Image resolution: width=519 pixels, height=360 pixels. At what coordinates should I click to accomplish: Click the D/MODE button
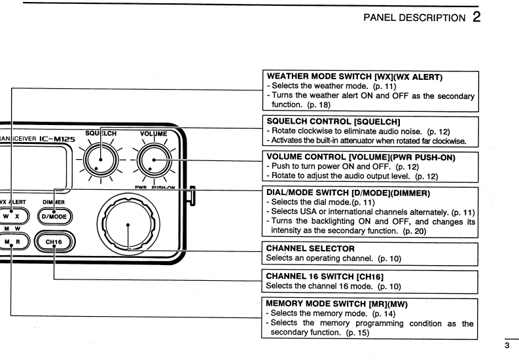[x=56, y=216]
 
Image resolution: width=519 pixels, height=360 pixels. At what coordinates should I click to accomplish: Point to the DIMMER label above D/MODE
[x=56, y=202]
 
